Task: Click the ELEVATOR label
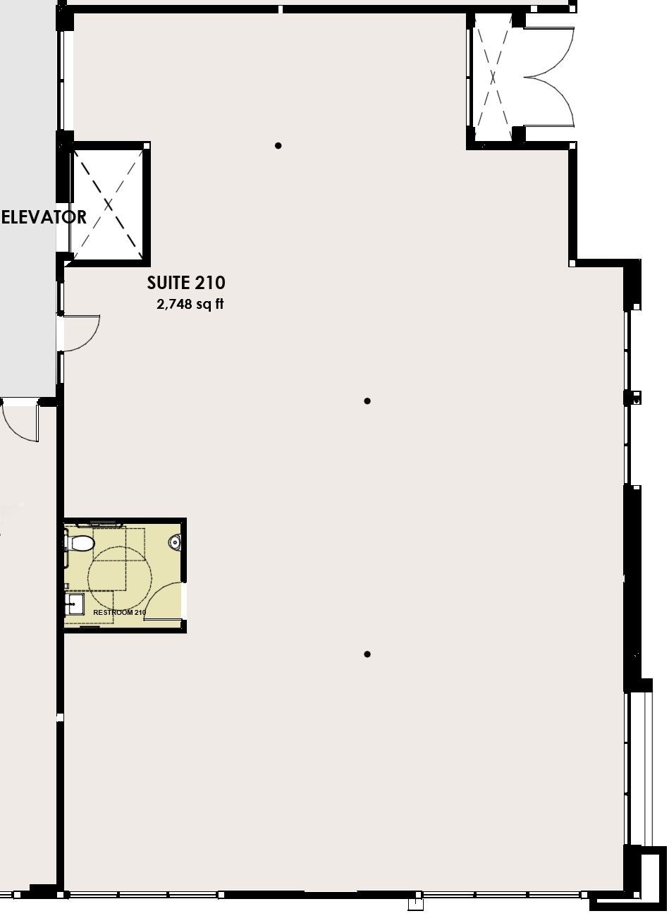[x=44, y=217]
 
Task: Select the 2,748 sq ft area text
[x=190, y=304]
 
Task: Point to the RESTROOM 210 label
[x=119, y=612]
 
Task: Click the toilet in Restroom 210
[x=80, y=543]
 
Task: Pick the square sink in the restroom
[x=75, y=604]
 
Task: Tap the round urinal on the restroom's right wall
[x=176, y=542]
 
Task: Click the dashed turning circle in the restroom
[x=121, y=574]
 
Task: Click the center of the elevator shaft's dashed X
[x=109, y=204]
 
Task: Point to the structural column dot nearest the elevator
[x=278, y=145]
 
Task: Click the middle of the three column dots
[x=367, y=401]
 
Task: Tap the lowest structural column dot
[x=367, y=654]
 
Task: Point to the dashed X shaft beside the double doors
[x=493, y=77]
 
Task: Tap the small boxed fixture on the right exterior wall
[x=634, y=398]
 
